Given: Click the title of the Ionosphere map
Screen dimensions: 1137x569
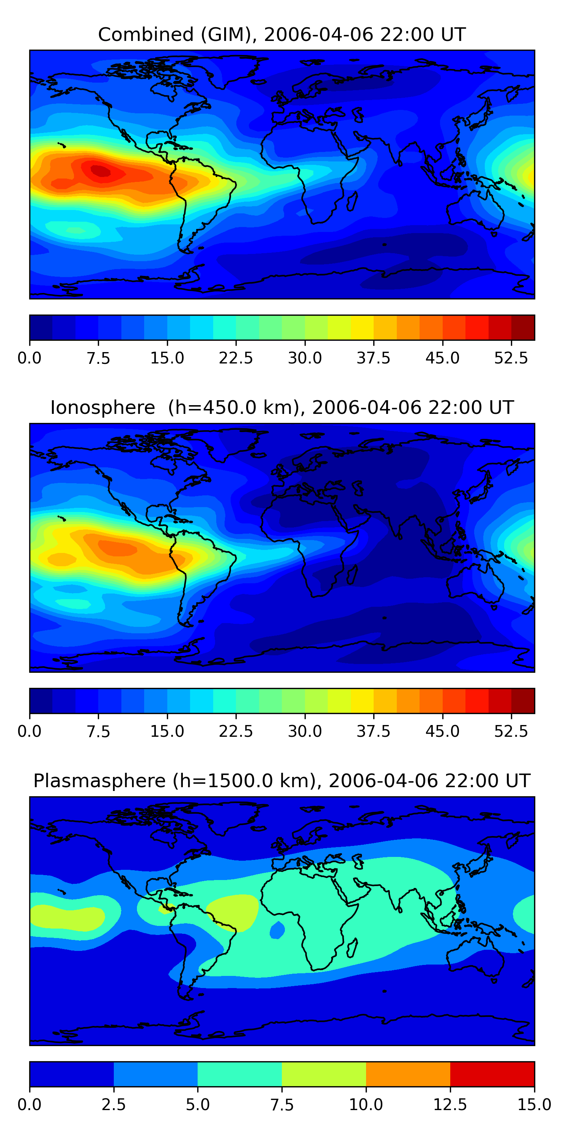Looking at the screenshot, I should click(282, 407).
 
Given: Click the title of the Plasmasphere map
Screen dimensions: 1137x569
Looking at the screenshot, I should click(282, 781).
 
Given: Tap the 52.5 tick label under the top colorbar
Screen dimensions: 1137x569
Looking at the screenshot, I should click(511, 358).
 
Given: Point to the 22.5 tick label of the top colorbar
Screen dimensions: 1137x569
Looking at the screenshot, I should click(236, 358).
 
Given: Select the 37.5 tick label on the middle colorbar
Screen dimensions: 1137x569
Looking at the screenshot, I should click(373, 731).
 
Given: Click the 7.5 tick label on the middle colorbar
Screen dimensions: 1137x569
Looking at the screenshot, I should click(98, 731).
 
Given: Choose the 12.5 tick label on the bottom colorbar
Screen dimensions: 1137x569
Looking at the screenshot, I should click(450, 1105).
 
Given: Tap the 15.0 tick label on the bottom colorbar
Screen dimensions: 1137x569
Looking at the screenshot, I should click(534, 1105).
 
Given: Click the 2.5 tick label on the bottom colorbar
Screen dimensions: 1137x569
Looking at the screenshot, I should click(113, 1105).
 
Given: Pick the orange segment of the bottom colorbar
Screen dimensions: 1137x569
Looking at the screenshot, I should click(408, 1074).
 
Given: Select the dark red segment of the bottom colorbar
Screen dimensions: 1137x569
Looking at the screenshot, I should click(492, 1074).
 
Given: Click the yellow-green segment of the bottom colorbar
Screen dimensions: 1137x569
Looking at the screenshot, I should click(324, 1074).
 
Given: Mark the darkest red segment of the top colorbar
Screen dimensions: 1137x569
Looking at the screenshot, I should click(523, 327).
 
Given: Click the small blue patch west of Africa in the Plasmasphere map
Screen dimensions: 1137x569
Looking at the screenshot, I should click(277, 930).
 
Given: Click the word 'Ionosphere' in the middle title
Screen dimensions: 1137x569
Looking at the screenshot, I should click(102, 407).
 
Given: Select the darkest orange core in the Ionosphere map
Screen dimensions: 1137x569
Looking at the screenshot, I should click(117, 548).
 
